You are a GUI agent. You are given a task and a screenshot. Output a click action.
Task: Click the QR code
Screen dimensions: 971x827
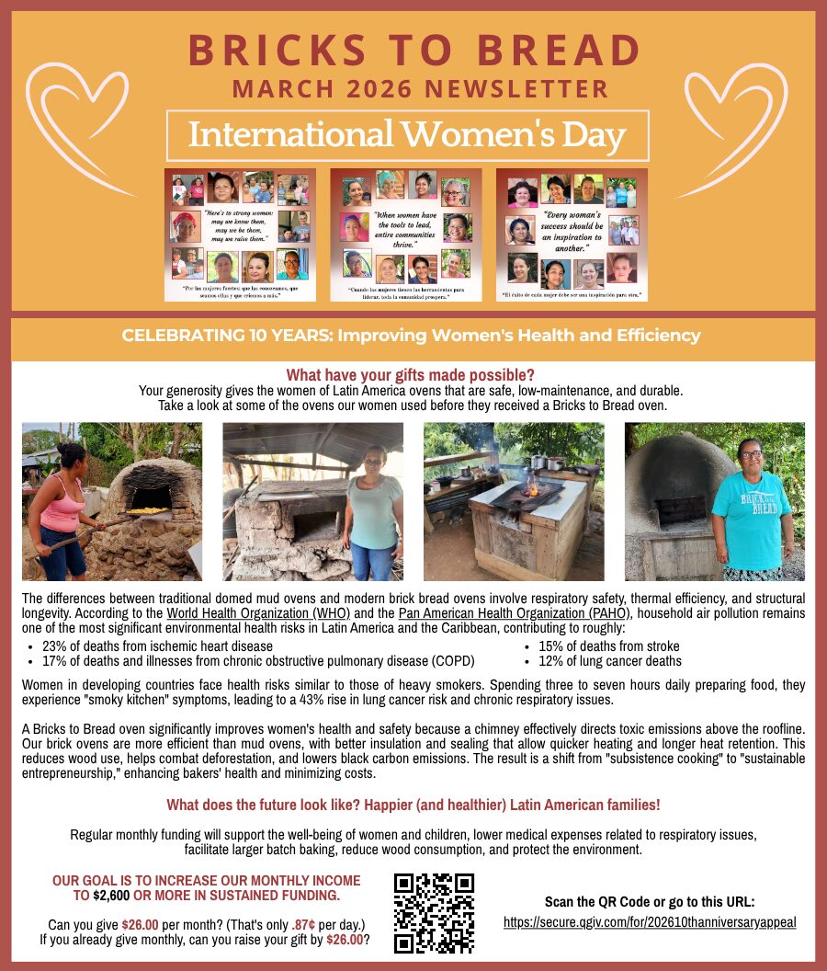434,913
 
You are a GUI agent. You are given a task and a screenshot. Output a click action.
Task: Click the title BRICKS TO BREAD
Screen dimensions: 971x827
413,51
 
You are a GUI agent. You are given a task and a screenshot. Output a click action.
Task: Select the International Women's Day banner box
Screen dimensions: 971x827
407,135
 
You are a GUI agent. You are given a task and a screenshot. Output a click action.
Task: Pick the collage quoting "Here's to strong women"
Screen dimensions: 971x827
240,234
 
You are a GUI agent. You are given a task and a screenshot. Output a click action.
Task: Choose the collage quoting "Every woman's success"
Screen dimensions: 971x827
572,234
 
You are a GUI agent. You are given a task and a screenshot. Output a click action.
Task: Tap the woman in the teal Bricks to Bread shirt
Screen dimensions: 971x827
751,510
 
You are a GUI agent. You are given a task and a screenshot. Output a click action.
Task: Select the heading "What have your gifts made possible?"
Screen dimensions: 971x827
410,375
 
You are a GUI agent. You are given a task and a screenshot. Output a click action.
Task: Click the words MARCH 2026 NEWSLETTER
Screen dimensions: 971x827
420,89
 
